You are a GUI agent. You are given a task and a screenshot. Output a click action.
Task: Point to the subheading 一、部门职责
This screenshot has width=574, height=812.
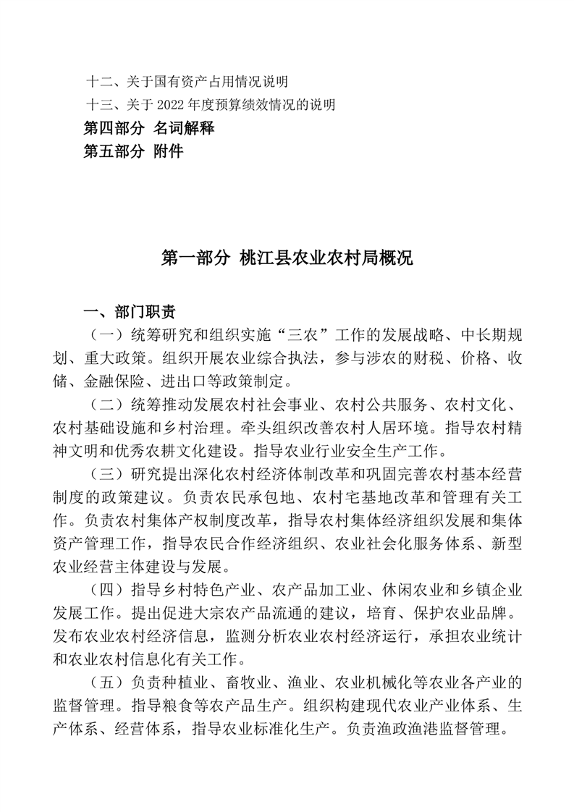coord(130,312)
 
